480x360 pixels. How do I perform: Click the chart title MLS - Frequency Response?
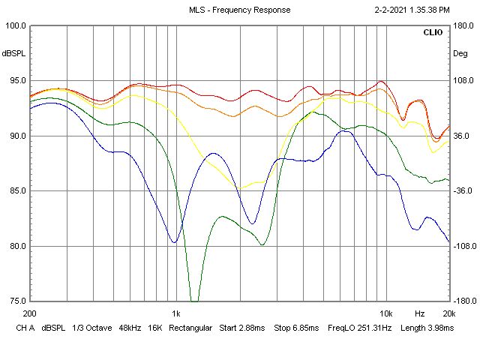click(239, 10)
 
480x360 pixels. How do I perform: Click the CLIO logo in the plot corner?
click(433, 33)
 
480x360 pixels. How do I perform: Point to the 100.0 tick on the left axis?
click(16, 25)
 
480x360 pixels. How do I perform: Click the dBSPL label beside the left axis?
click(13, 53)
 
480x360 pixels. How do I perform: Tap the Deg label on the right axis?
click(460, 53)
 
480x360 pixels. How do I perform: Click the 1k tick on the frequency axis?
click(175, 313)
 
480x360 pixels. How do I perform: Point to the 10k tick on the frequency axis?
click(385, 313)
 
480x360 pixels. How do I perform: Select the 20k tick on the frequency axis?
click(448, 313)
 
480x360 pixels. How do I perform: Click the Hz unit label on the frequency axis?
click(420, 313)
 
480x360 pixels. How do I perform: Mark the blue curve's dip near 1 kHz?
click(174, 241)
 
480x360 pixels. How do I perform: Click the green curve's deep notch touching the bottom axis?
click(194, 299)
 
